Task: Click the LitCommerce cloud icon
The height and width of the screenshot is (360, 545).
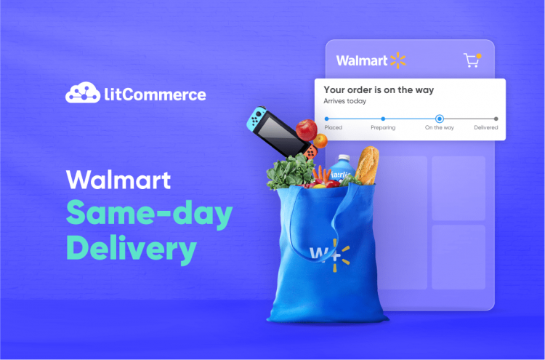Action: (x=82, y=93)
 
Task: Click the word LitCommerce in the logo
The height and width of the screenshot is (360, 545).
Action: (x=153, y=95)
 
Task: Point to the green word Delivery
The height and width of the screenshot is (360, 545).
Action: (x=131, y=249)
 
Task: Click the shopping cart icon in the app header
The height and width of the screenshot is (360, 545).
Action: (x=472, y=60)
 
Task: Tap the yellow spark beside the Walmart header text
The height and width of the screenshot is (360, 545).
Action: (x=397, y=60)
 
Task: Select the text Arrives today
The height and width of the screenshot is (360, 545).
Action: (x=345, y=102)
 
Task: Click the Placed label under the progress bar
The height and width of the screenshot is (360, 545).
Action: (x=333, y=127)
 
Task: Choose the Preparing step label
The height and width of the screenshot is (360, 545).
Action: (x=383, y=127)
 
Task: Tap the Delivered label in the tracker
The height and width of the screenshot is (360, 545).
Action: (x=486, y=127)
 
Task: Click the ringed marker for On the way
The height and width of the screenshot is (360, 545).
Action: (x=439, y=118)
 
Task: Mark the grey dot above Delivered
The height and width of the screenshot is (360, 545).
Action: (x=496, y=118)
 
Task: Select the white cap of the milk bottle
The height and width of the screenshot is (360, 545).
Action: (x=343, y=158)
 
